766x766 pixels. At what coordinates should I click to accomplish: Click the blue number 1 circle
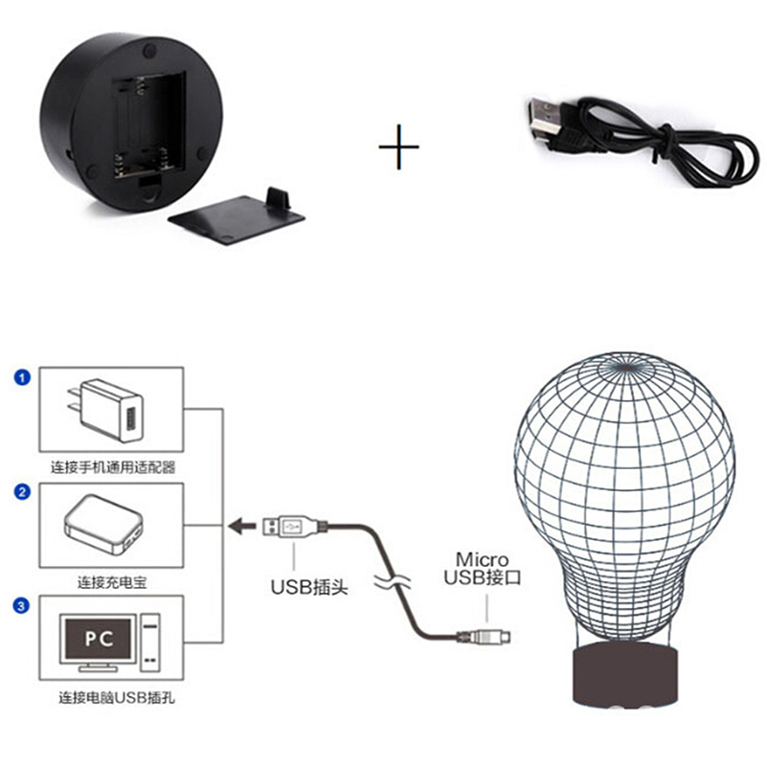[22, 377]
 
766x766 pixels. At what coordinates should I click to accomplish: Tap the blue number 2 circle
[22, 492]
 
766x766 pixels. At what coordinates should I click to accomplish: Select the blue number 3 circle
[21, 606]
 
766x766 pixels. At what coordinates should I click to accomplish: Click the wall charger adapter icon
[105, 411]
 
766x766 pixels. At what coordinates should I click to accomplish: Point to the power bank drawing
[103, 525]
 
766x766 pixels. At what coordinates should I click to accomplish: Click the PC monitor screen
[99, 639]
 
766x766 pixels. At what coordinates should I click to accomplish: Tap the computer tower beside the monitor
[150, 642]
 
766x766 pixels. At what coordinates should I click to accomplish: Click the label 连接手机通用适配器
[113, 467]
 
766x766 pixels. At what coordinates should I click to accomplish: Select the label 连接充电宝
[112, 582]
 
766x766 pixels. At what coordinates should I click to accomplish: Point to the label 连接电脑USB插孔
[117, 698]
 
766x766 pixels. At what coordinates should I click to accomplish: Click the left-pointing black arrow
[242, 526]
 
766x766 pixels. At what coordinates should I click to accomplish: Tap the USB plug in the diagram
[291, 527]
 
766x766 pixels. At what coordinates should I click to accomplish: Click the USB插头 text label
[309, 587]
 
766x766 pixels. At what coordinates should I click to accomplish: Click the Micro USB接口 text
[483, 568]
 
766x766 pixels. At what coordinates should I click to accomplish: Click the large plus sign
[398, 146]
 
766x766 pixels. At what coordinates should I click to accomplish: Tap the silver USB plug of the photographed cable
[543, 119]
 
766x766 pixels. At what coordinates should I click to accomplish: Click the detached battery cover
[237, 215]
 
